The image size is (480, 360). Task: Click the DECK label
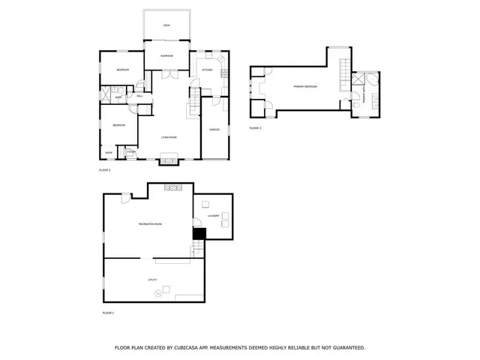166,26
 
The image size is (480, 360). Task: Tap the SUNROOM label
166,56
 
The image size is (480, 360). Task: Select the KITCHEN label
206,70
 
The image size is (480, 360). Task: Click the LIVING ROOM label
169,137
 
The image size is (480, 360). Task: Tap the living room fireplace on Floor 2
169,158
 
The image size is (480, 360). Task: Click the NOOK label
109,153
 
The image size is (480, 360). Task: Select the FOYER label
130,153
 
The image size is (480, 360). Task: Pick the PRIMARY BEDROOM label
305,87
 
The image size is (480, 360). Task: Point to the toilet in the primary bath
358,106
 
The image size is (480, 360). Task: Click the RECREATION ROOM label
150,224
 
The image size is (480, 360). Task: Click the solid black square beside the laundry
199,234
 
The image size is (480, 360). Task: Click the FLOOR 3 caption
256,128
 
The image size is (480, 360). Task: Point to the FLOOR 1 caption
107,312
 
